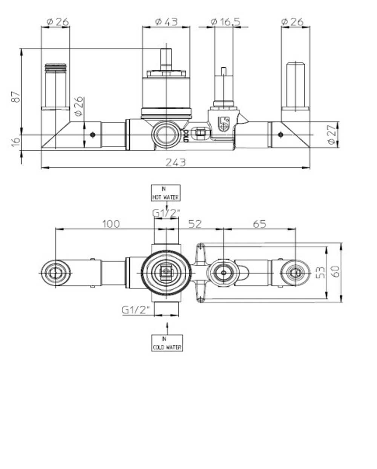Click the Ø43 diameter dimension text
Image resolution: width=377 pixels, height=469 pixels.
coord(166,22)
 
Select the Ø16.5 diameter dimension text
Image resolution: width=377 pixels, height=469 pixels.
coord(225,22)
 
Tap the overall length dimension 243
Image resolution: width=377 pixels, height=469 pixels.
coord(176,162)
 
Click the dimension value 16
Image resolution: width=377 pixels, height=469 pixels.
coord(15,142)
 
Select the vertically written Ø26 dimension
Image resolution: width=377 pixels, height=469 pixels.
coord(79,106)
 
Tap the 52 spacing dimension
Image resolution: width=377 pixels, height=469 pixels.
coord(195,224)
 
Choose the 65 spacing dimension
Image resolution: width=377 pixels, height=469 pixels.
coord(259,224)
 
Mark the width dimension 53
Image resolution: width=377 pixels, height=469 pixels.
coord(320,272)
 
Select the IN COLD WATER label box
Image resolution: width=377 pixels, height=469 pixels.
coord(167,343)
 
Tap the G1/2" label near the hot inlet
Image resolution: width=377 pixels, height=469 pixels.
coord(166,213)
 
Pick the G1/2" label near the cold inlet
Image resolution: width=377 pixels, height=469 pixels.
coord(136,310)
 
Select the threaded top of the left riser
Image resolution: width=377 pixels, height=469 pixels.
coord(55,67)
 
